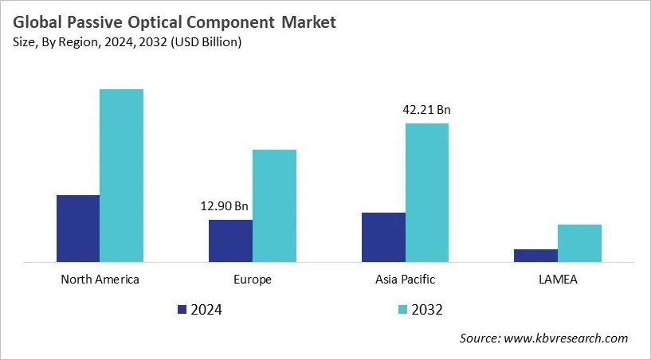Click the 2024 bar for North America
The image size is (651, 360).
coord(78,228)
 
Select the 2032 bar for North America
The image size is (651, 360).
coord(121,175)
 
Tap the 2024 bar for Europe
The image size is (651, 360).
coord(230,241)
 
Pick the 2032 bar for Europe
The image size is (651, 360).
coord(274,205)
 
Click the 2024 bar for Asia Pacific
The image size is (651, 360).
coord(383,237)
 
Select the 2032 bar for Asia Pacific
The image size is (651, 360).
coord(426,192)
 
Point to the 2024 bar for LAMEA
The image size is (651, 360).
coord(535,255)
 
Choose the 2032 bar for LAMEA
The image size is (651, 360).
coord(579,243)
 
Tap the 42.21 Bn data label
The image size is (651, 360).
coord(426,110)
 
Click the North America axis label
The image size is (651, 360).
coord(100,280)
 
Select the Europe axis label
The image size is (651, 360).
coord(253,280)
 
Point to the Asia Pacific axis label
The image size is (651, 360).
coord(405,280)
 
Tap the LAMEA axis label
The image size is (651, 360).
coord(558,280)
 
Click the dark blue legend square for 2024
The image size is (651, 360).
coord(181,309)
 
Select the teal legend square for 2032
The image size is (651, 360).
coord(402,309)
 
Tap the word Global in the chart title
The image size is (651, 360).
coord(38,22)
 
